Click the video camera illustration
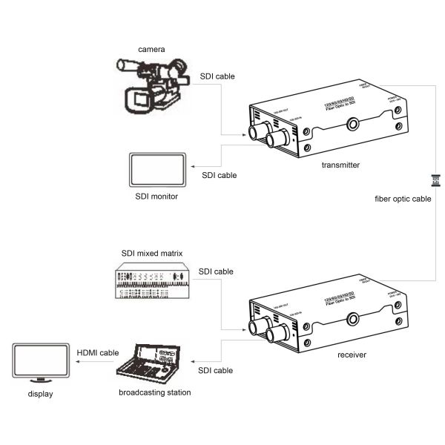point(153,85)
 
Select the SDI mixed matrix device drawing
point(153,281)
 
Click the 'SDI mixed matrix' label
point(151,254)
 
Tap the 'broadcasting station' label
point(154,392)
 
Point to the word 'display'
point(40,395)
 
